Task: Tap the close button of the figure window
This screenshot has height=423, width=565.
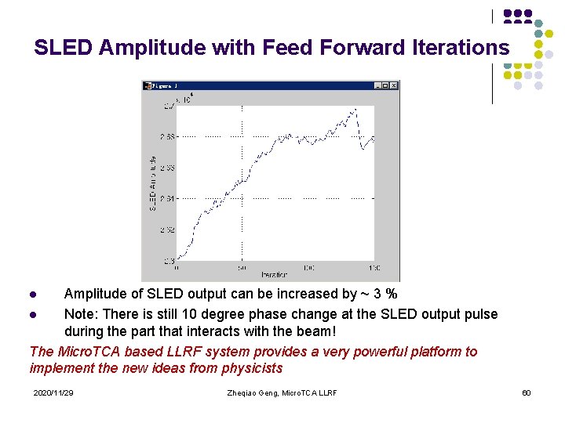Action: click(394, 85)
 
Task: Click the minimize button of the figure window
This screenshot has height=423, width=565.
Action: click(377, 85)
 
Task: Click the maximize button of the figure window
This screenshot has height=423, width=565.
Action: click(385, 85)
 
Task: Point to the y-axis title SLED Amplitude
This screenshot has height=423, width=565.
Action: click(152, 182)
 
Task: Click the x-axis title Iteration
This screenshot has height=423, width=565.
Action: click(274, 275)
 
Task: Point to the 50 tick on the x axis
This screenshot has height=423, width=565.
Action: click(242, 267)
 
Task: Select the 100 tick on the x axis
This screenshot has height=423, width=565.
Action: click(308, 267)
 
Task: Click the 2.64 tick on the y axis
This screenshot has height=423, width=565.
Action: click(167, 198)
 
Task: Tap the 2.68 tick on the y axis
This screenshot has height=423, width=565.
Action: click(167, 136)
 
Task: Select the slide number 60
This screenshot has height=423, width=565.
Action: click(527, 392)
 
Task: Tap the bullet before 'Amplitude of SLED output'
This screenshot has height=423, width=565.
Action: click(33, 295)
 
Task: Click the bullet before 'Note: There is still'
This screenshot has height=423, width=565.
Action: click(33, 315)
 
